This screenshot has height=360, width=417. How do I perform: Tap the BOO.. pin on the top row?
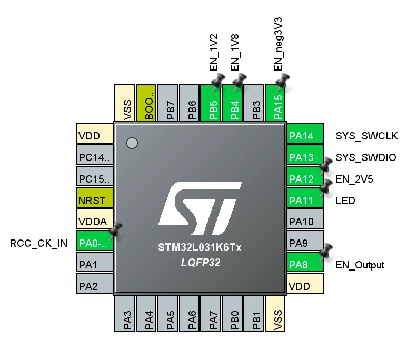pyautogui.click(x=146, y=103)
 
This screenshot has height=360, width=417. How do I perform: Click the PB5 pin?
pyautogui.click(x=211, y=103)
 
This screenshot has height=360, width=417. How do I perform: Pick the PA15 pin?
pyautogui.click(x=275, y=103)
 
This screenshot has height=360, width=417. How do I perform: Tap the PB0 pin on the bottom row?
pyautogui.click(x=232, y=314)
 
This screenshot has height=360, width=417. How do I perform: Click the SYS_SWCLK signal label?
pyautogui.click(x=367, y=136)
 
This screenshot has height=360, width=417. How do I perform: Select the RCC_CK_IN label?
pyautogui.click(x=38, y=243)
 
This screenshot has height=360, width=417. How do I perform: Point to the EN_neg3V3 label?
pyautogui.click(x=277, y=44)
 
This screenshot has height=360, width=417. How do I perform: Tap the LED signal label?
pyautogui.click(x=345, y=201)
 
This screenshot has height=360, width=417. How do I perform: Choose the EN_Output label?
pyautogui.click(x=360, y=265)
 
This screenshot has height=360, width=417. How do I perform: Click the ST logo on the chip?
pyautogui.click(x=200, y=208)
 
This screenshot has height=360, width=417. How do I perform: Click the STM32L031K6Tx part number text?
pyautogui.click(x=200, y=247)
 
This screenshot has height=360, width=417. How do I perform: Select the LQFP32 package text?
pyautogui.click(x=201, y=263)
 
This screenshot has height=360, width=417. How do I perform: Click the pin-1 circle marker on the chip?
pyautogui.click(x=132, y=143)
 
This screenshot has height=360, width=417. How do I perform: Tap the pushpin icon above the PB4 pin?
pyautogui.click(x=239, y=82)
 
